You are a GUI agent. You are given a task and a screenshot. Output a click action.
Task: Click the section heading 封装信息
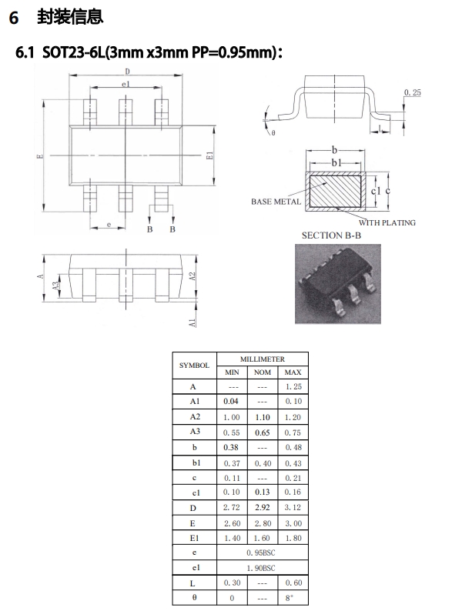[x=69, y=15]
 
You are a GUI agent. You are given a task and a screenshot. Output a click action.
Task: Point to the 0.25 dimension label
[x=412, y=92]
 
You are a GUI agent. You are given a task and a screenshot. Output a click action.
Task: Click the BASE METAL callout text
[x=276, y=202]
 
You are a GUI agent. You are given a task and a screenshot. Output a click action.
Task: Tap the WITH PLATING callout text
[x=386, y=222]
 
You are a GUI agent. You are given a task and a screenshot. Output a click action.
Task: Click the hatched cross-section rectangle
[x=335, y=189]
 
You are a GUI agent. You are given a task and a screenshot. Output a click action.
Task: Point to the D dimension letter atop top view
[x=126, y=72]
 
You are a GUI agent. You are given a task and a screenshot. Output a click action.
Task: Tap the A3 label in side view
[x=55, y=285]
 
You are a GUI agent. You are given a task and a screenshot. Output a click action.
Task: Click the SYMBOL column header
[x=194, y=365]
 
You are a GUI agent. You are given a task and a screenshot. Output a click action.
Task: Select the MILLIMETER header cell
[x=262, y=359]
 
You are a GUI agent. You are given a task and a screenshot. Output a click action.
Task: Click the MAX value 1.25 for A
[x=293, y=386]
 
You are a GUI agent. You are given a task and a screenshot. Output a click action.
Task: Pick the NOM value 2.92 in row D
[x=262, y=507]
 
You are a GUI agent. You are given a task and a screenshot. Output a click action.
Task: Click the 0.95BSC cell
[x=262, y=553]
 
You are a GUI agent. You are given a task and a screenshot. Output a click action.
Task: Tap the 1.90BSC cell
[x=262, y=567]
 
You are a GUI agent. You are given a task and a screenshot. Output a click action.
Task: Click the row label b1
[x=194, y=462]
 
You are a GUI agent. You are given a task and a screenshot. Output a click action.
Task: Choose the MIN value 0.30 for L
[x=231, y=583]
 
